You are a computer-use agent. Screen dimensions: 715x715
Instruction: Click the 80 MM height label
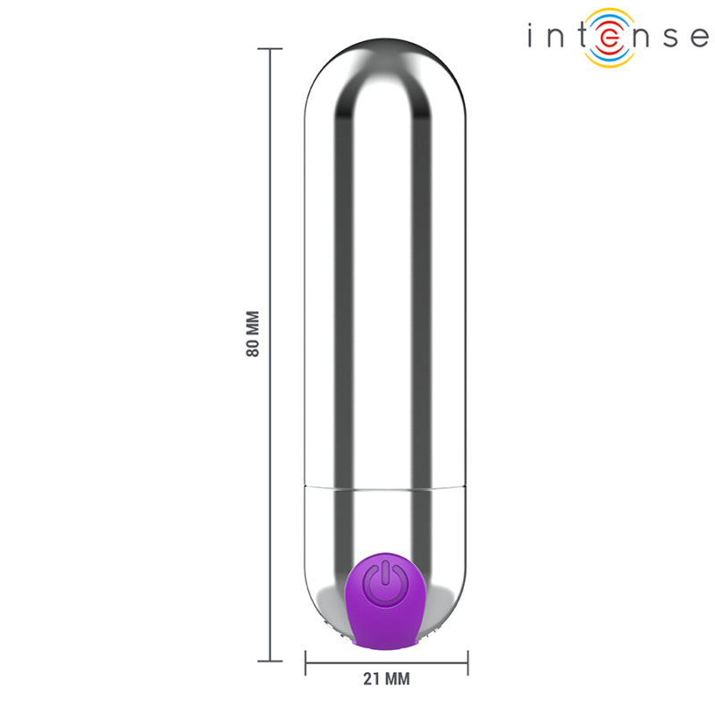253,334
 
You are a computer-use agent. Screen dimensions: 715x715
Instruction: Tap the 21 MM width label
386,679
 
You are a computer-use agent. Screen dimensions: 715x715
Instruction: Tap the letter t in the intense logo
582,37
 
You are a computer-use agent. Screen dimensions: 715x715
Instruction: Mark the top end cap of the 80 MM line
270,49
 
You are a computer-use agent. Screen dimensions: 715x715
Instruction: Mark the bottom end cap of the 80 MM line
270,660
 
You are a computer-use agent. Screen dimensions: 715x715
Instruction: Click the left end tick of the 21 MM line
306,662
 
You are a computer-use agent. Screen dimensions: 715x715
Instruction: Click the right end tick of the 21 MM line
467,662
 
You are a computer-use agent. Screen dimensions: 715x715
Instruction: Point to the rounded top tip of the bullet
385,42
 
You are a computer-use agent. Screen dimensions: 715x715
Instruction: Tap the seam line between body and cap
385,488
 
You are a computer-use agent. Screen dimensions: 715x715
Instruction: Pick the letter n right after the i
556,38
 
